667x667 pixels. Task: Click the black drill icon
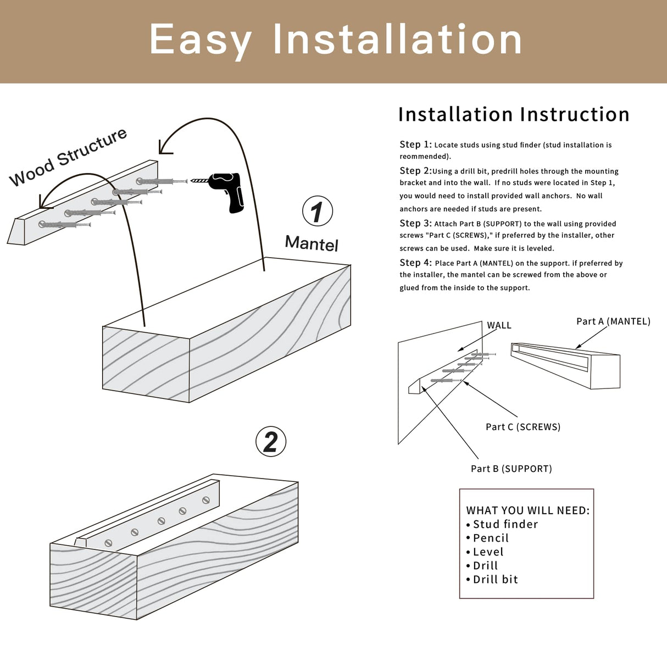tap(228, 191)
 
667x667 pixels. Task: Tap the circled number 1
tap(318, 212)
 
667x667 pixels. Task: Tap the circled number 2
tap(271, 441)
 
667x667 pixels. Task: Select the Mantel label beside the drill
tap(312, 243)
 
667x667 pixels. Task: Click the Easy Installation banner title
tap(336, 40)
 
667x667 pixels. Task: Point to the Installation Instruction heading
tap(513, 114)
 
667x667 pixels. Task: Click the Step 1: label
tap(415, 144)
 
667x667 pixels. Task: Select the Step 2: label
tap(415, 171)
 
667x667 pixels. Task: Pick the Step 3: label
tap(415, 223)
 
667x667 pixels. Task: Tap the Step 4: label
tap(415, 263)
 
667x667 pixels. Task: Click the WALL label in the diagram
tap(499, 325)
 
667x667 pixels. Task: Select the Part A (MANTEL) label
tap(613, 321)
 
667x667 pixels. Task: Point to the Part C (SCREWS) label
tap(523, 427)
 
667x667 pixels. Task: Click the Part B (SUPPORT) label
tap(511, 469)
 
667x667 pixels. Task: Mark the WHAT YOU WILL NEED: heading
tap(527, 510)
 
